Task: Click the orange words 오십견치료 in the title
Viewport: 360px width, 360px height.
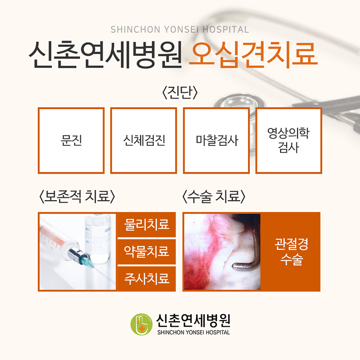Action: (253, 54)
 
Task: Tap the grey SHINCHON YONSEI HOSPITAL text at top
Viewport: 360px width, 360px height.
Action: (180, 30)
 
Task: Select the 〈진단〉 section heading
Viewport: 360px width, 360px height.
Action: (180, 93)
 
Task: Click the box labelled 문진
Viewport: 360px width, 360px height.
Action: (71, 140)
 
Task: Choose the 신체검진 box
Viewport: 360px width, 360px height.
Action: (144, 140)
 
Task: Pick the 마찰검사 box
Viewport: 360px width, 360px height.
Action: (216, 140)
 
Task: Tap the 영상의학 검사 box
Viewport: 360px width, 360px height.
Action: (289, 140)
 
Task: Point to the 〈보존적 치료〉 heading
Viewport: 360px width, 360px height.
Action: (77, 197)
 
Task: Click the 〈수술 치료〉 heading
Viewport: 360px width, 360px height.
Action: (214, 197)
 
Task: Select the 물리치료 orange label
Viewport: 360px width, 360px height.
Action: (147, 225)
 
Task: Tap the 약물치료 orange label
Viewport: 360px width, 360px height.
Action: (147, 252)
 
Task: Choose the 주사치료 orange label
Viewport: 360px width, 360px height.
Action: (147, 279)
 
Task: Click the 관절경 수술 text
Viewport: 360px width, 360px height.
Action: (291, 252)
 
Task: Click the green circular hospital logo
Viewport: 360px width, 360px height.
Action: (141, 324)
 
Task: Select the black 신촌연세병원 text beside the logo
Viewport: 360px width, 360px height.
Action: (193, 320)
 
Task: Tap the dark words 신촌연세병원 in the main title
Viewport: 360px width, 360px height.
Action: (105, 54)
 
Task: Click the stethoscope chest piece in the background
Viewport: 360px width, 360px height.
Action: (239, 103)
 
